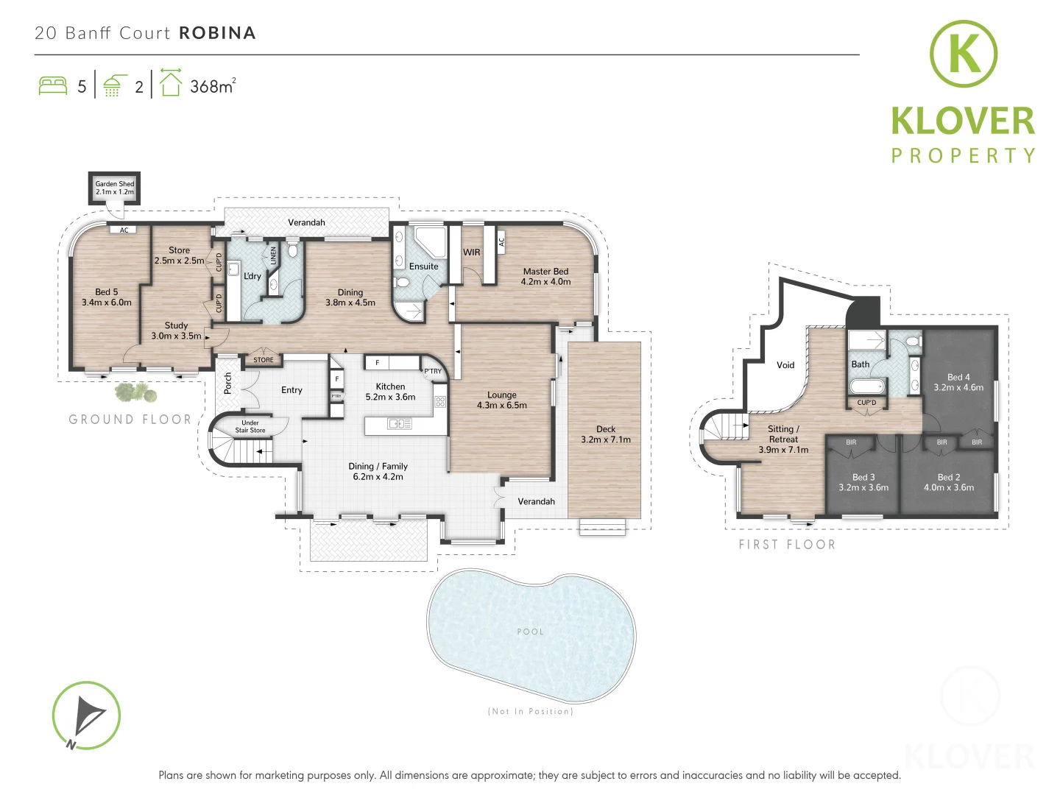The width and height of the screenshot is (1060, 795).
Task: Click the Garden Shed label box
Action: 115,188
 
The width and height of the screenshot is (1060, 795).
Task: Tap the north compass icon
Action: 86,715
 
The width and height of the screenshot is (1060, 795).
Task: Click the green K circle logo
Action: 963,54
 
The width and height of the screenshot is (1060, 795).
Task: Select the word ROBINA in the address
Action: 217,33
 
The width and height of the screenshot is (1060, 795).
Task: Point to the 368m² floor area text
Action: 212,86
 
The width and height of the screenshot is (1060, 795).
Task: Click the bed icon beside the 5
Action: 53,85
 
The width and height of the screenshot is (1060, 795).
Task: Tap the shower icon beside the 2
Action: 113,85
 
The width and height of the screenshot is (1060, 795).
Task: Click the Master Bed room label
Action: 545,272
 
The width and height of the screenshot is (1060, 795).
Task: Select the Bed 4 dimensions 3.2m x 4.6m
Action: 958,387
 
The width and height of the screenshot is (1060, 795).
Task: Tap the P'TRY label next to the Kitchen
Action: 433,371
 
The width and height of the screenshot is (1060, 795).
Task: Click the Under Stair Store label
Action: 250,427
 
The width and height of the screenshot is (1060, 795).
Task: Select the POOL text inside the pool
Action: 530,632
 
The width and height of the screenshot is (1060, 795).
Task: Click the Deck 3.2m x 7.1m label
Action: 605,434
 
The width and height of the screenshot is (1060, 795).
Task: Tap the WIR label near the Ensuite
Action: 471,252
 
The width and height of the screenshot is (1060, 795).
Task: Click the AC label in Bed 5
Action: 124,230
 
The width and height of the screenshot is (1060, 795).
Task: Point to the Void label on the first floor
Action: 785,365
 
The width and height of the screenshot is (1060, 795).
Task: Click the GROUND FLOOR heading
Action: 130,420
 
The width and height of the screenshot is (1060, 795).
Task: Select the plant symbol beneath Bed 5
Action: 137,393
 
